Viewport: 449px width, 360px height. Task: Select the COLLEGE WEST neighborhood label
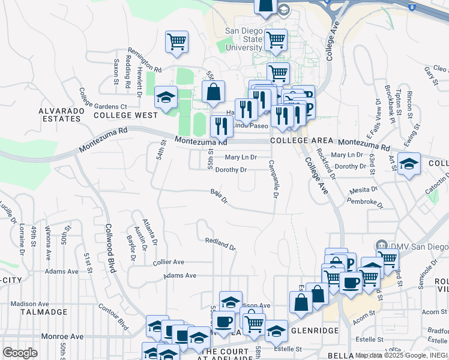(125, 115)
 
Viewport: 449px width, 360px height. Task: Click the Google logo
(20, 353)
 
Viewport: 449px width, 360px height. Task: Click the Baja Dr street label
(219, 196)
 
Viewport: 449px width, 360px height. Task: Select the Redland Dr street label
(220, 245)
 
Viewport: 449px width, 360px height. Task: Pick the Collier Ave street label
(169, 262)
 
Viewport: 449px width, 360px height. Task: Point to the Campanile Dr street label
(273, 179)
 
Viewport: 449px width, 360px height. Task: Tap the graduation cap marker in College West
(165, 97)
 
